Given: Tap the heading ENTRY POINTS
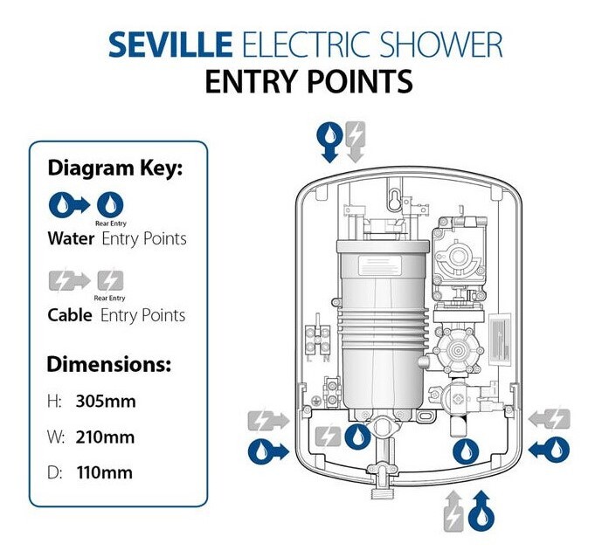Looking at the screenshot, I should [x=308, y=81].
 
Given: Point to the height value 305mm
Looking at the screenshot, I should [x=104, y=402].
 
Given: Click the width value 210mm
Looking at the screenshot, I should [x=104, y=437].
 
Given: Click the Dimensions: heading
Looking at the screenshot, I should [x=109, y=364].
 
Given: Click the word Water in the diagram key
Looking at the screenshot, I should [x=71, y=237].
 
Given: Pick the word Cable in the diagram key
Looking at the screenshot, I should [x=70, y=314].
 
